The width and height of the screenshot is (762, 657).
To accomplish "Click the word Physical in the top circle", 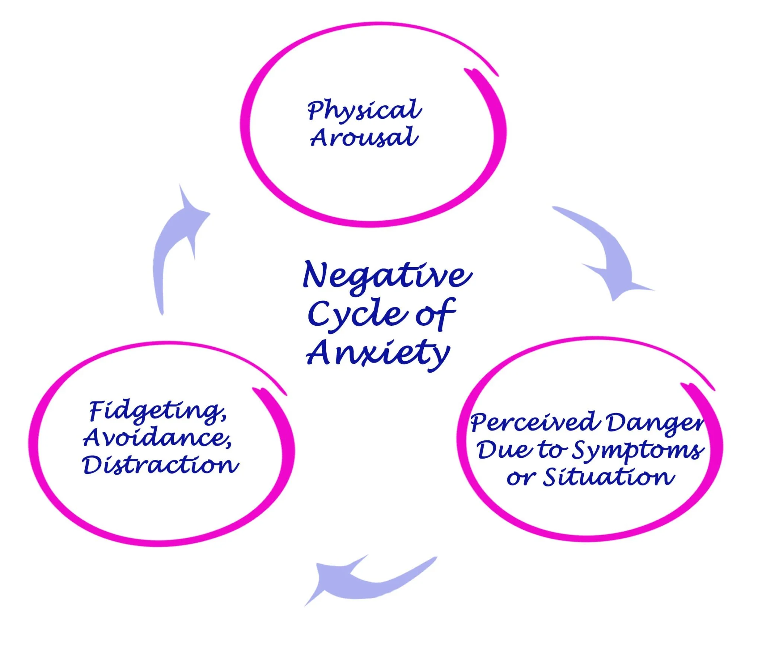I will [x=364, y=110].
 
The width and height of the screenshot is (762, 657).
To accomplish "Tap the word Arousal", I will [x=364, y=137].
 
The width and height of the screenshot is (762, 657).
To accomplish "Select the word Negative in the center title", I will [x=387, y=276].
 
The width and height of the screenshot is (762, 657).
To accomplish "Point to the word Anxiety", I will [x=378, y=352].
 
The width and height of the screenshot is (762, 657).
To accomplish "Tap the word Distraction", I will [x=160, y=465].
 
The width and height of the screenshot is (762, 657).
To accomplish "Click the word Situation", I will [x=608, y=478].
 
